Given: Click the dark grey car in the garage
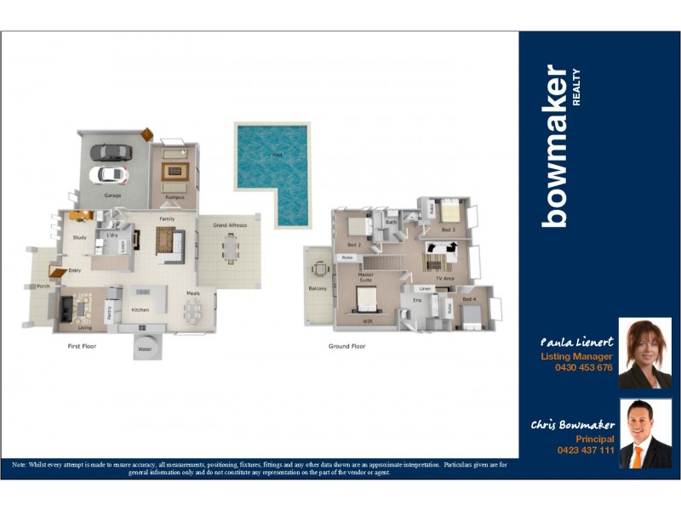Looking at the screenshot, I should (111, 152).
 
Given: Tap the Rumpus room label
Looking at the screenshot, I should (175, 197).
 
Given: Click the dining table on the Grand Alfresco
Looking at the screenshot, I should (230, 249).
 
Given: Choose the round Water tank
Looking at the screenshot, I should (145, 347).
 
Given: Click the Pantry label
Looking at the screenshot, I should (110, 313).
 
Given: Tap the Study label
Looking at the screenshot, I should (79, 237).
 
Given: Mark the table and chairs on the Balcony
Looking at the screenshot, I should (320, 270).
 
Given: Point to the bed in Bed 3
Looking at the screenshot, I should (449, 211).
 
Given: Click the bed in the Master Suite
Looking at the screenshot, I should (367, 299).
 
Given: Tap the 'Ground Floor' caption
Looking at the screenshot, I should (346, 347).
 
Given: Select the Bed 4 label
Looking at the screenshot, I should (470, 299).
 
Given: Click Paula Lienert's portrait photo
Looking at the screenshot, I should (644, 353).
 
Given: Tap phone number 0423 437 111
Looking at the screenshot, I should (585, 450).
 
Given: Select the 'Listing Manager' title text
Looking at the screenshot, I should (576, 356).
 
